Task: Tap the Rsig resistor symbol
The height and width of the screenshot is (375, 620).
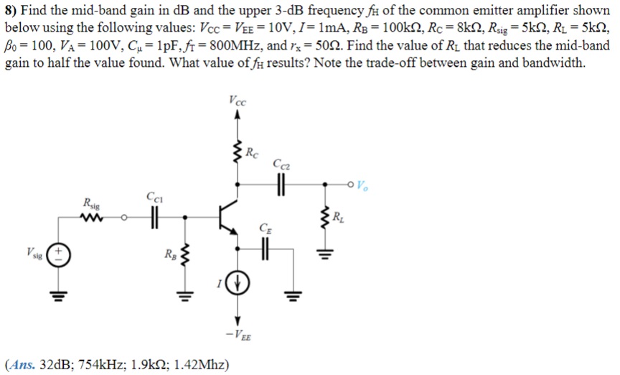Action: (x=93, y=216)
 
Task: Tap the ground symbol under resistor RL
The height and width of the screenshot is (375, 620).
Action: (x=329, y=253)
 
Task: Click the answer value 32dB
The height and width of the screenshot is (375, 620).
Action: (x=53, y=364)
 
